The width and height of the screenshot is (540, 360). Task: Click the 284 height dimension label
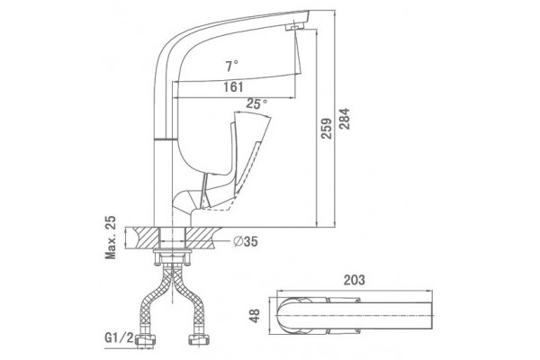(344, 119)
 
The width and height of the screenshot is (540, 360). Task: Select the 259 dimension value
(326, 129)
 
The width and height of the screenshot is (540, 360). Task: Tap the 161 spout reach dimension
(233, 87)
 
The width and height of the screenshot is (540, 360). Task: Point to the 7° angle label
(232, 66)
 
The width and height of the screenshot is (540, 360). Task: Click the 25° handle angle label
(256, 103)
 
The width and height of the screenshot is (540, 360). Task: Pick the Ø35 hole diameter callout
(246, 241)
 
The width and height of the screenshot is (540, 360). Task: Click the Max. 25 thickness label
(111, 238)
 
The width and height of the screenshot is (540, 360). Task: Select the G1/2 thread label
(119, 337)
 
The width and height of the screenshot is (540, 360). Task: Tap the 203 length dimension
(354, 280)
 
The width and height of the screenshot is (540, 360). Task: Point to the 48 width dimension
(255, 316)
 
